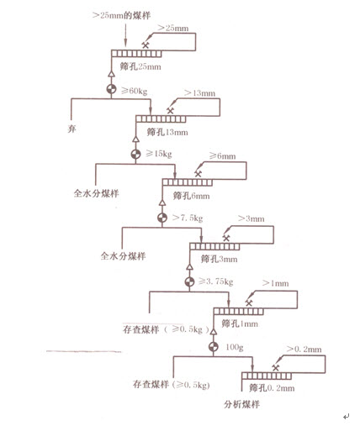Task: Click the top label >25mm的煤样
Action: [x=121, y=15]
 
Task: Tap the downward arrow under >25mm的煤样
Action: [x=125, y=35]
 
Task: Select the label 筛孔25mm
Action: [x=140, y=66]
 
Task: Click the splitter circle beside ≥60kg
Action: [x=111, y=89]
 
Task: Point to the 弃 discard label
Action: [x=71, y=129]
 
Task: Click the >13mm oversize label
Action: [x=199, y=93]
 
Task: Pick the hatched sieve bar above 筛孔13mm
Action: [x=161, y=118]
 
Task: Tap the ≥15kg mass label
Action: [x=159, y=154]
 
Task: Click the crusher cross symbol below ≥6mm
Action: [x=198, y=174]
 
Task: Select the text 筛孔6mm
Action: [x=191, y=196]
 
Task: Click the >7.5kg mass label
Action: [x=188, y=218]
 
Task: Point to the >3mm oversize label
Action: [x=251, y=218]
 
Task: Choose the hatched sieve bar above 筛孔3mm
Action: [x=214, y=246]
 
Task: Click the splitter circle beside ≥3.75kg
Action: [x=189, y=281]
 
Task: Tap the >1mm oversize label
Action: [x=275, y=283]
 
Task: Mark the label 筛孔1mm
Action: [x=240, y=323]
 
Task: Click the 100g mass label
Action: [x=235, y=347]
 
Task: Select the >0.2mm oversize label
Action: [x=304, y=349]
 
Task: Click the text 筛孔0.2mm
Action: [x=272, y=388]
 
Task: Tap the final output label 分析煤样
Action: [x=241, y=404]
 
